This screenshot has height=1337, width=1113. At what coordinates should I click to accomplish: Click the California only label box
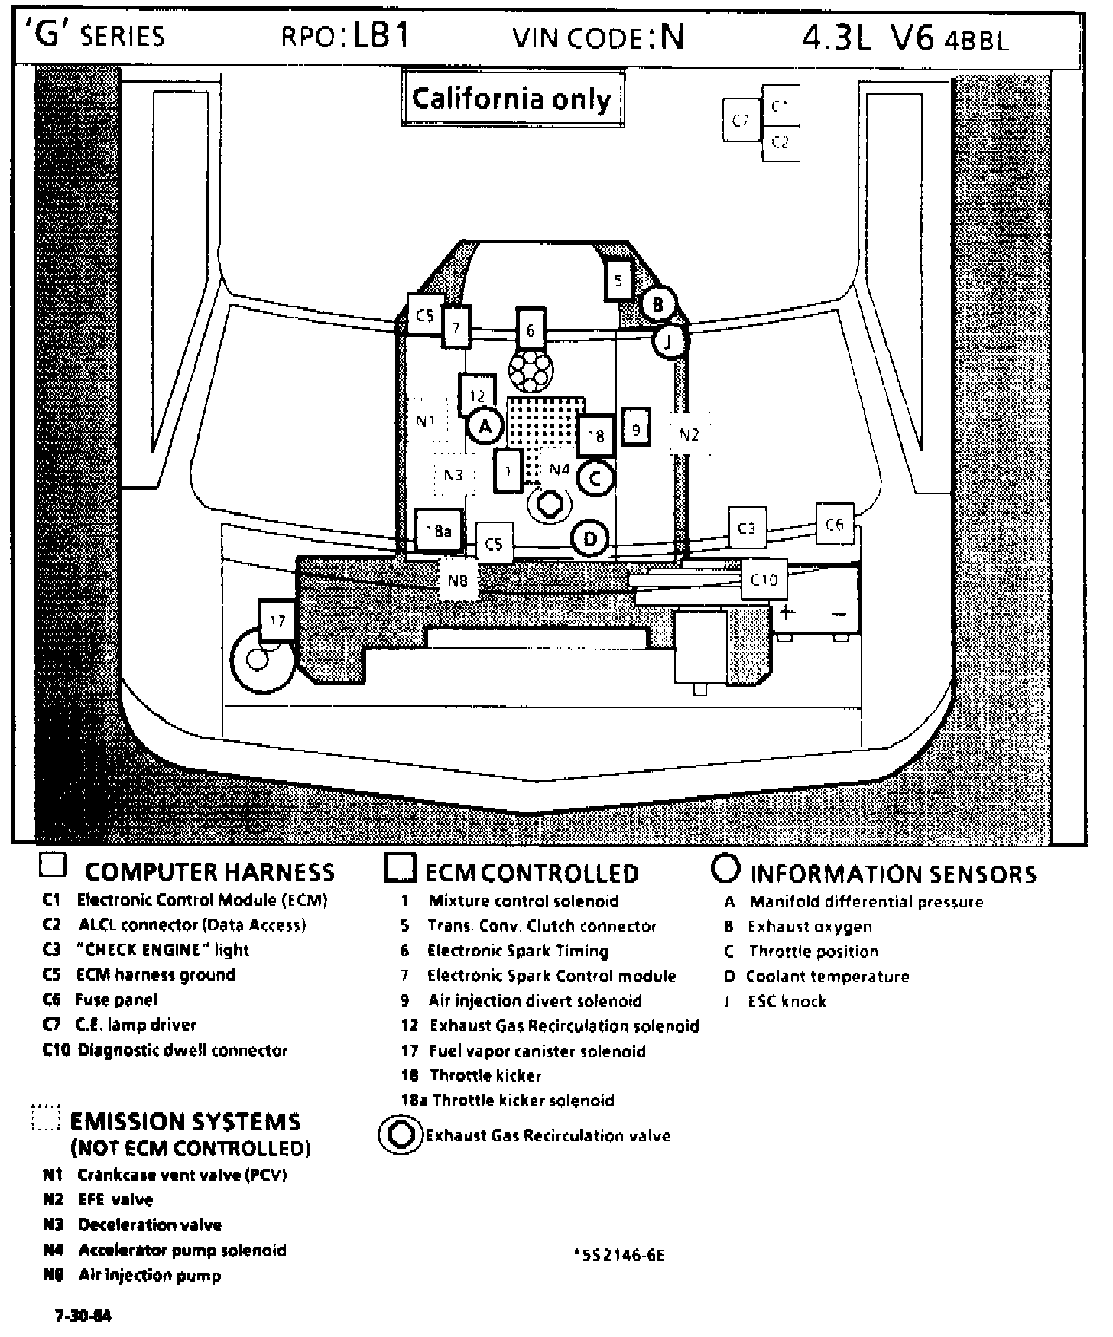coord(511,99)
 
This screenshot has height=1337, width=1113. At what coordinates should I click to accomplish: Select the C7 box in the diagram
coord(741,120)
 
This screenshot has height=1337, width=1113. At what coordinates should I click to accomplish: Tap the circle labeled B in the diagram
coord(657,304)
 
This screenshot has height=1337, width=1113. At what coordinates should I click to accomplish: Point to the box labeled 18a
coord(439,530)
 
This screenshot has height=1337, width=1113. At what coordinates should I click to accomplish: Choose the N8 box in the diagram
coord(457,581)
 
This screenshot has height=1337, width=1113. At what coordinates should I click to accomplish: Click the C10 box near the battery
coord(764,580)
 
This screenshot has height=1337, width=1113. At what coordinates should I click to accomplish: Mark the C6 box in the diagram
coord(834,524)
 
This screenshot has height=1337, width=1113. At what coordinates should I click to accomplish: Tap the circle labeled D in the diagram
coord(590,539)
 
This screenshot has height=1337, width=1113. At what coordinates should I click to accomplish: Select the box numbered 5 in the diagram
coord(618,281)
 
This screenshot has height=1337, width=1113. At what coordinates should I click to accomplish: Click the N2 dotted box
coord(690,434)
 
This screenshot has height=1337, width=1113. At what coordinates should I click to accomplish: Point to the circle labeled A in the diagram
coord(484,426)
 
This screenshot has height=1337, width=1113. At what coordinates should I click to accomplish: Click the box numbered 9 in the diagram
coord(636,430)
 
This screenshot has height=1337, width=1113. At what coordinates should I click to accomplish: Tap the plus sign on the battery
coord(787,612)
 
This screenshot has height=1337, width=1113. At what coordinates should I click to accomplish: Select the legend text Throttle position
coord(813,952)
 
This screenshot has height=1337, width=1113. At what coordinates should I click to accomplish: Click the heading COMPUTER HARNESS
coord(209,872)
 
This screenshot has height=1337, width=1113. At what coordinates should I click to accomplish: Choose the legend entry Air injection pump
coord(149,1275)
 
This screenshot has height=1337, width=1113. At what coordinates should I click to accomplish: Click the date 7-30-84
coord(83,1316)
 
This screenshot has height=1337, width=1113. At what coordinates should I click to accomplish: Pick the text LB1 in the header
coord(381,37)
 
